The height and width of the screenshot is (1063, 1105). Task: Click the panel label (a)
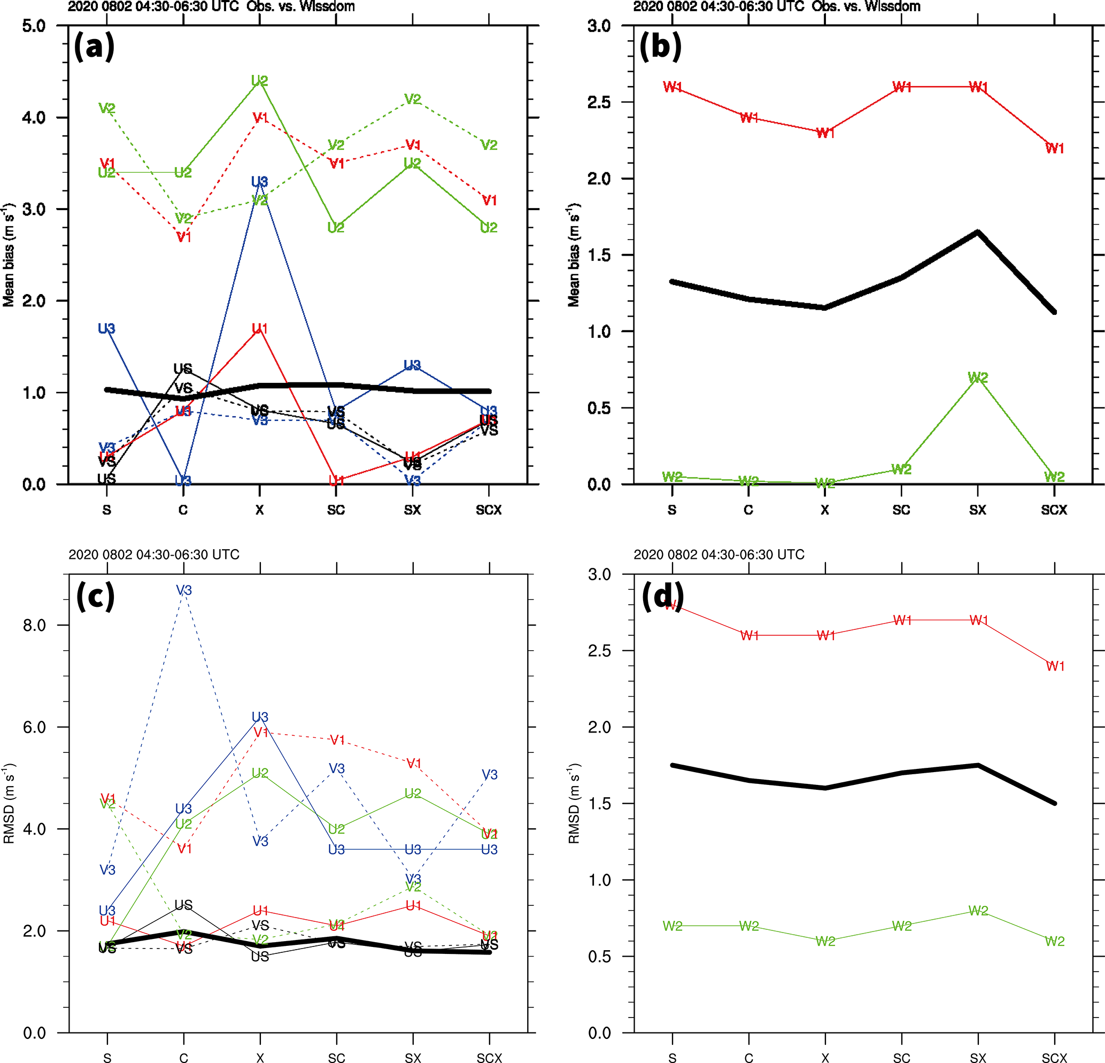coord(94,46)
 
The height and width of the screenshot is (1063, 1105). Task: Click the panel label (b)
coord(660,46)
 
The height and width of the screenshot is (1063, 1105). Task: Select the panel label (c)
coord(95,596)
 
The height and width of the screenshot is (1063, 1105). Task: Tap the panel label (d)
coord(663,596)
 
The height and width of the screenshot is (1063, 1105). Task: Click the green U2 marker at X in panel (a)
coord(259,81)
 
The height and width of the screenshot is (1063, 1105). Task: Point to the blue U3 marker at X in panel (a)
coord(259,182)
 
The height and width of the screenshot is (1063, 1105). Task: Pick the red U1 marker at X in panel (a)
coord(259,328)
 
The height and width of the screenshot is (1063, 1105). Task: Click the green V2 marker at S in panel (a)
coord(107,108)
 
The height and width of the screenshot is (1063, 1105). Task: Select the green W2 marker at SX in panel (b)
coord(978,378)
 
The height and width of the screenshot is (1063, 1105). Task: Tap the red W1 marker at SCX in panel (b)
coord(1054,148)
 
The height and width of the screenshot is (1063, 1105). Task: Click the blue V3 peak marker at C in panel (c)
coord(184,590)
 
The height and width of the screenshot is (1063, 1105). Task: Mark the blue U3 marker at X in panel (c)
coord(260,717)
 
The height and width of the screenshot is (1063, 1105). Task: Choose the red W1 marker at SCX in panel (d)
coord(1055,666)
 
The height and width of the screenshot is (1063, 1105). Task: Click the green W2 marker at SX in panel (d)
coord(978,910)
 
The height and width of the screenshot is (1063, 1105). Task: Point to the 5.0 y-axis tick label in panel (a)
coord(34,26)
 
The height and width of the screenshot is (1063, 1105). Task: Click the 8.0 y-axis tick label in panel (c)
coord(34,625)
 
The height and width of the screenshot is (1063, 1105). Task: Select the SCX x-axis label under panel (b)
coord(1054,510)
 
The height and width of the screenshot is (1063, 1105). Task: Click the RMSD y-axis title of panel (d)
coord(574,804)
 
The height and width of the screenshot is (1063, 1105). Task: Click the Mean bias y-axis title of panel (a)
coord(9,255)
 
